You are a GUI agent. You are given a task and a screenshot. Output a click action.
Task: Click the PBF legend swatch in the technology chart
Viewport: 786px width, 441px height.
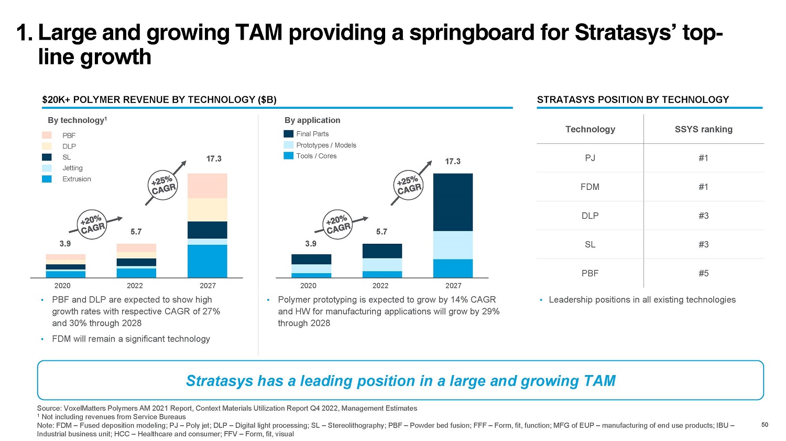coord(47,135)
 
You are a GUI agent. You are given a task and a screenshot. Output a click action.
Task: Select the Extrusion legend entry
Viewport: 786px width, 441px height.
coord(76,179)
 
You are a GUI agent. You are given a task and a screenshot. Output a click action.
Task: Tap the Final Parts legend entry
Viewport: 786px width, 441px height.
coord(312,134)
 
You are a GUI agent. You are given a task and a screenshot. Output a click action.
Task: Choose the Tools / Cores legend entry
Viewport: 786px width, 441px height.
coord(316,156)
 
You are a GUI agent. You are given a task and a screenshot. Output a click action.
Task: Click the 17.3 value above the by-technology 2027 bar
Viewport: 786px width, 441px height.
coord(214,159)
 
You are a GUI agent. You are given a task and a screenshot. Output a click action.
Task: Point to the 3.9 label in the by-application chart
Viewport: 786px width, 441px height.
coord(311,244)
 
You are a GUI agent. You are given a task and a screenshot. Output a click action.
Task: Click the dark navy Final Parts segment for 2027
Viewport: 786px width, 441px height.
coord(453,202)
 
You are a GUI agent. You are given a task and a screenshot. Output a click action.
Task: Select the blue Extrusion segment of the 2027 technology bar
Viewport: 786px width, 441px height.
coord(207,261)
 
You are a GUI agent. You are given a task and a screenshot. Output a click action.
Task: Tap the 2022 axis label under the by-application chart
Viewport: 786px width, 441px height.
coord(380,286)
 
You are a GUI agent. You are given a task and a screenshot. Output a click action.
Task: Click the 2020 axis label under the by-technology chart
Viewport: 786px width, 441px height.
coord(62,286)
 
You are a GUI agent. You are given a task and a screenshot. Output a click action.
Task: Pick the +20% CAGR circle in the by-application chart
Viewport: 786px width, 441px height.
coord(338,224)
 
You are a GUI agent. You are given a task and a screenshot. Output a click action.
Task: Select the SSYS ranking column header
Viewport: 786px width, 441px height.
coord(703,129)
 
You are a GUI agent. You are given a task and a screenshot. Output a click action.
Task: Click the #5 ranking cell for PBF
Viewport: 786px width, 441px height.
coord(703,273)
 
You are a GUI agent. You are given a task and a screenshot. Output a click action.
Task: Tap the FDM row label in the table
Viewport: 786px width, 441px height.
coord(590,187)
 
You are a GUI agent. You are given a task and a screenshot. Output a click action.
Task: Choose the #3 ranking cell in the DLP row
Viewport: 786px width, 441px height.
coord(703,216)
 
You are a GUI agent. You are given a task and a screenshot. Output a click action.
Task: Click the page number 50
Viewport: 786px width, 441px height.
coord(765,425)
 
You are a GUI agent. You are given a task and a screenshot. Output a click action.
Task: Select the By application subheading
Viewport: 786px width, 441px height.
coord(312,120)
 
